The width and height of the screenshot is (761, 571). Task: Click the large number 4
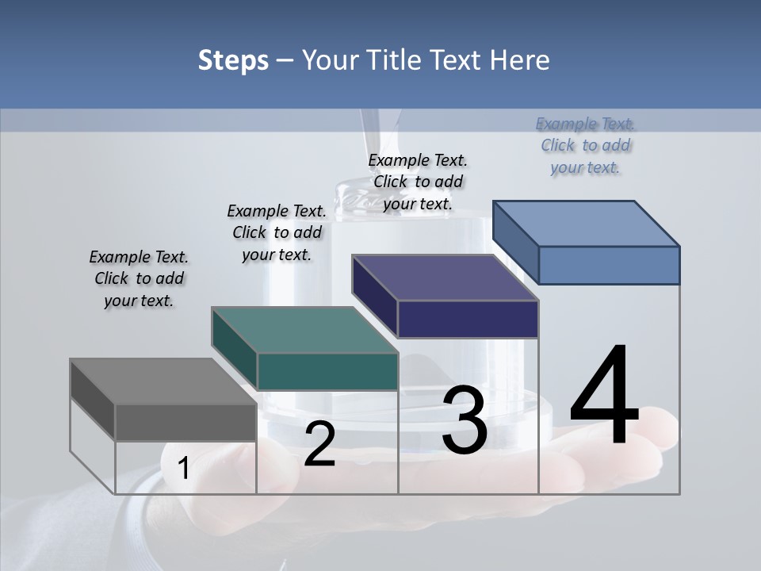pyautogui.click(x=604, y=397)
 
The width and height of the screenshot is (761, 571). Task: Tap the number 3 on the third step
pyautogui.click(x=465, y=420)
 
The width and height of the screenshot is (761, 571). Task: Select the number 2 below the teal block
pyautogui.click(x=319, y=444)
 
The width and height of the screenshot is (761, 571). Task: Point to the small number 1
pyautogui.click(x=183, y=469)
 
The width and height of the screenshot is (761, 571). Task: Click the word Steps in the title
pyautogui.click(x=233, y=60)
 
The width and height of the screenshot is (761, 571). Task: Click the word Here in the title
pyautogui.click(x=518, y=60)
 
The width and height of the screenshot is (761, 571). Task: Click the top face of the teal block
pyautogui.click(x=304, y=330)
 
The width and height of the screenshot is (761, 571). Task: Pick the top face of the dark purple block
pyautogui.click(x=446, y=278)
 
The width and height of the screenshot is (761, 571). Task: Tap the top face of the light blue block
pyautogui.click(x=587, y=224)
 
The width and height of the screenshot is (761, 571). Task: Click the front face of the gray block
pyautogui.click(x=185, y=422)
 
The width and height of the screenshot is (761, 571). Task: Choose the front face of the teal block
pyautogui.click(x=327, y=371)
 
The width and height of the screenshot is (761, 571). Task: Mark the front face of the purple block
pyautogui.click(x=468, y=319)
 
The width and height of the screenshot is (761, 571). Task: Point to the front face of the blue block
pyautogui.click(x=609, y=265)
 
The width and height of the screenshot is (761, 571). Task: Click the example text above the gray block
pyautogui.click(x=139, y=279)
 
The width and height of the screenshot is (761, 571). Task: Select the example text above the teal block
pyautogui.click(x=277, y=232)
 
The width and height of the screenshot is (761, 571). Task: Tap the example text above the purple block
pyautogui.click(x=418, y=182)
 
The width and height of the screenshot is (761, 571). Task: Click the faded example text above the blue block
pyautogui.click(x=585, y=146)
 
